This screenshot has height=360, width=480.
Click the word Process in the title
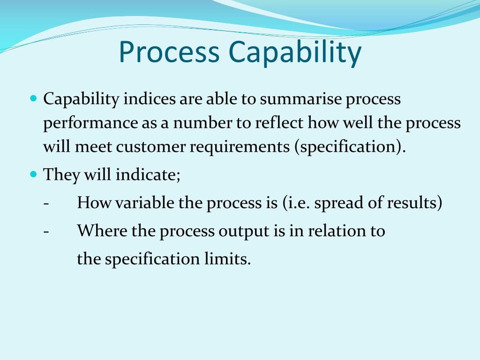pos(169,52)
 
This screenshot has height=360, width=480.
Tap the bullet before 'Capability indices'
pos(33,99)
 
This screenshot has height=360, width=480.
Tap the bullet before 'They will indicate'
pos(33,174)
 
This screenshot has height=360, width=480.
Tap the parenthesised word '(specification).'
pos(350,147)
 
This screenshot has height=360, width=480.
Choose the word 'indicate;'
pos(148,175)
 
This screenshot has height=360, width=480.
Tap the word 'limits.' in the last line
pos(230,259)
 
